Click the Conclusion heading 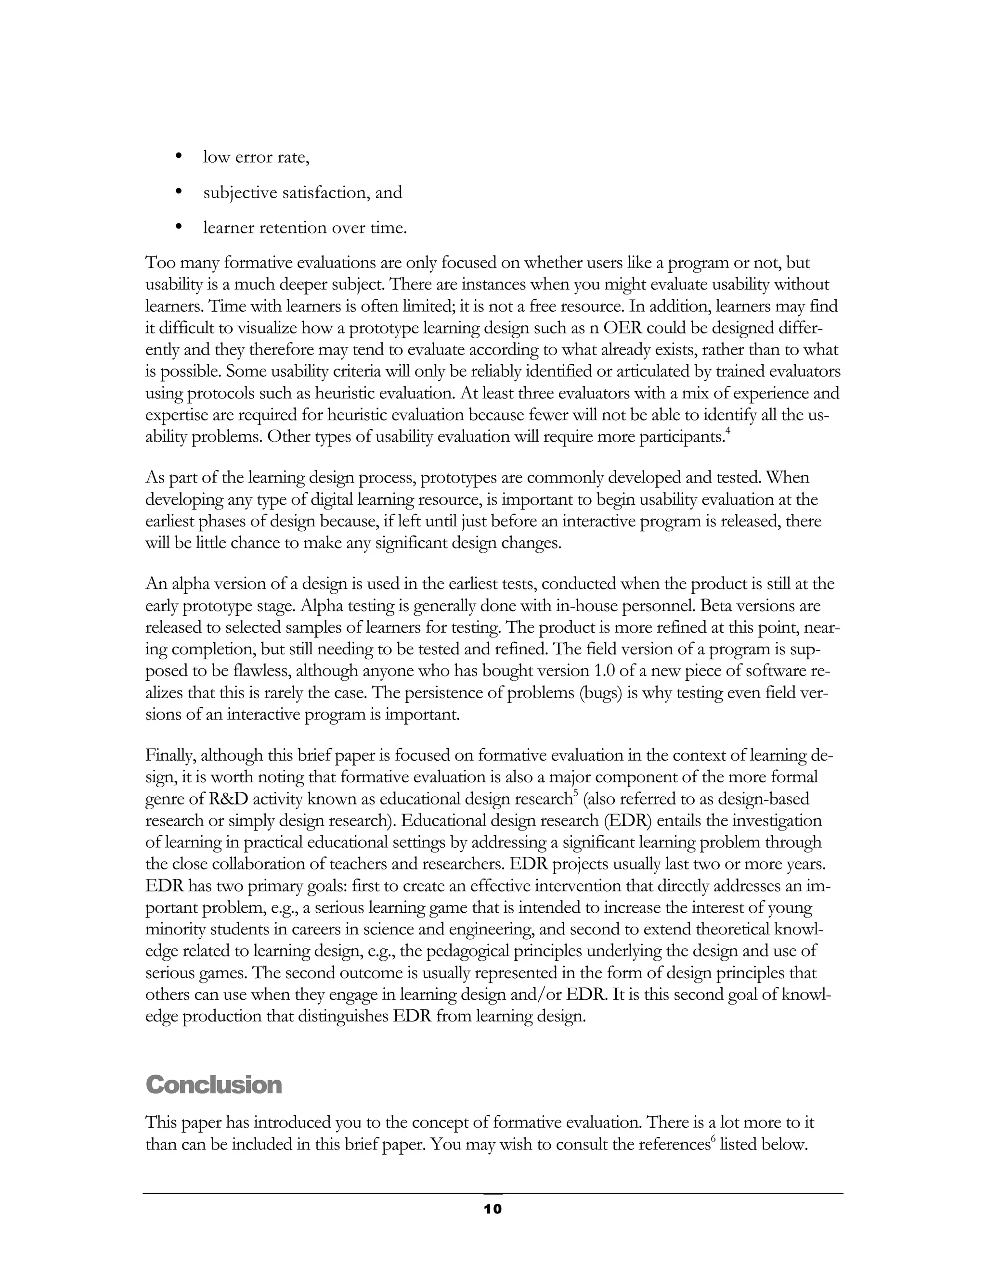213,1084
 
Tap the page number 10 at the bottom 493,1209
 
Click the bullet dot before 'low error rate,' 179,156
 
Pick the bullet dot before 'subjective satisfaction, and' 179,191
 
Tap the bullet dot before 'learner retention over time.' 179,227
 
